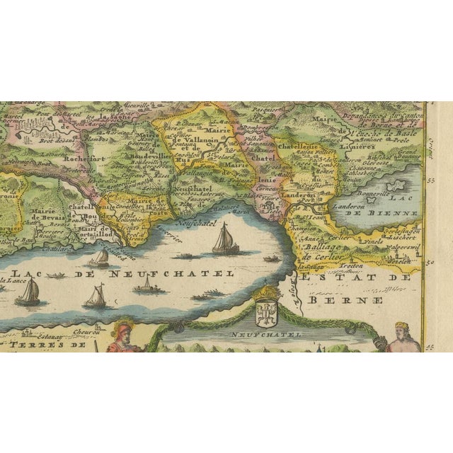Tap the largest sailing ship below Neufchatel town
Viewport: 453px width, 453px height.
(x=226, y=239)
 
